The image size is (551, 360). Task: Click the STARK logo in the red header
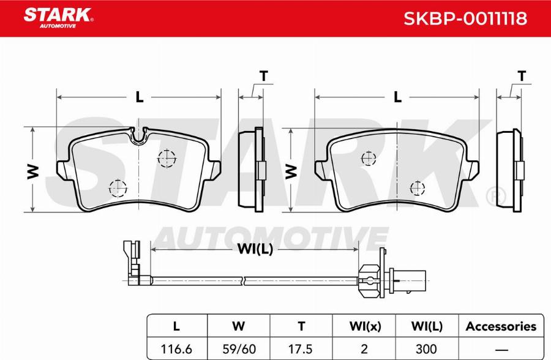click(58, 18)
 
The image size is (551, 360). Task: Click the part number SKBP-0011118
click(465, 18)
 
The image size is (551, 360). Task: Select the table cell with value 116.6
click(176, 349)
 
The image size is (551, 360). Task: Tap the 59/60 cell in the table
click(239, 349)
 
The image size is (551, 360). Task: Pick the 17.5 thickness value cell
click(301, 349)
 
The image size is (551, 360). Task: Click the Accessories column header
click(501, 326)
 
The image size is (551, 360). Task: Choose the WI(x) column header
click(364, 326)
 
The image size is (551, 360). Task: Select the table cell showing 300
click(427, 349)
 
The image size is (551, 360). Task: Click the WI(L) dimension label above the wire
click(255, 249)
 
